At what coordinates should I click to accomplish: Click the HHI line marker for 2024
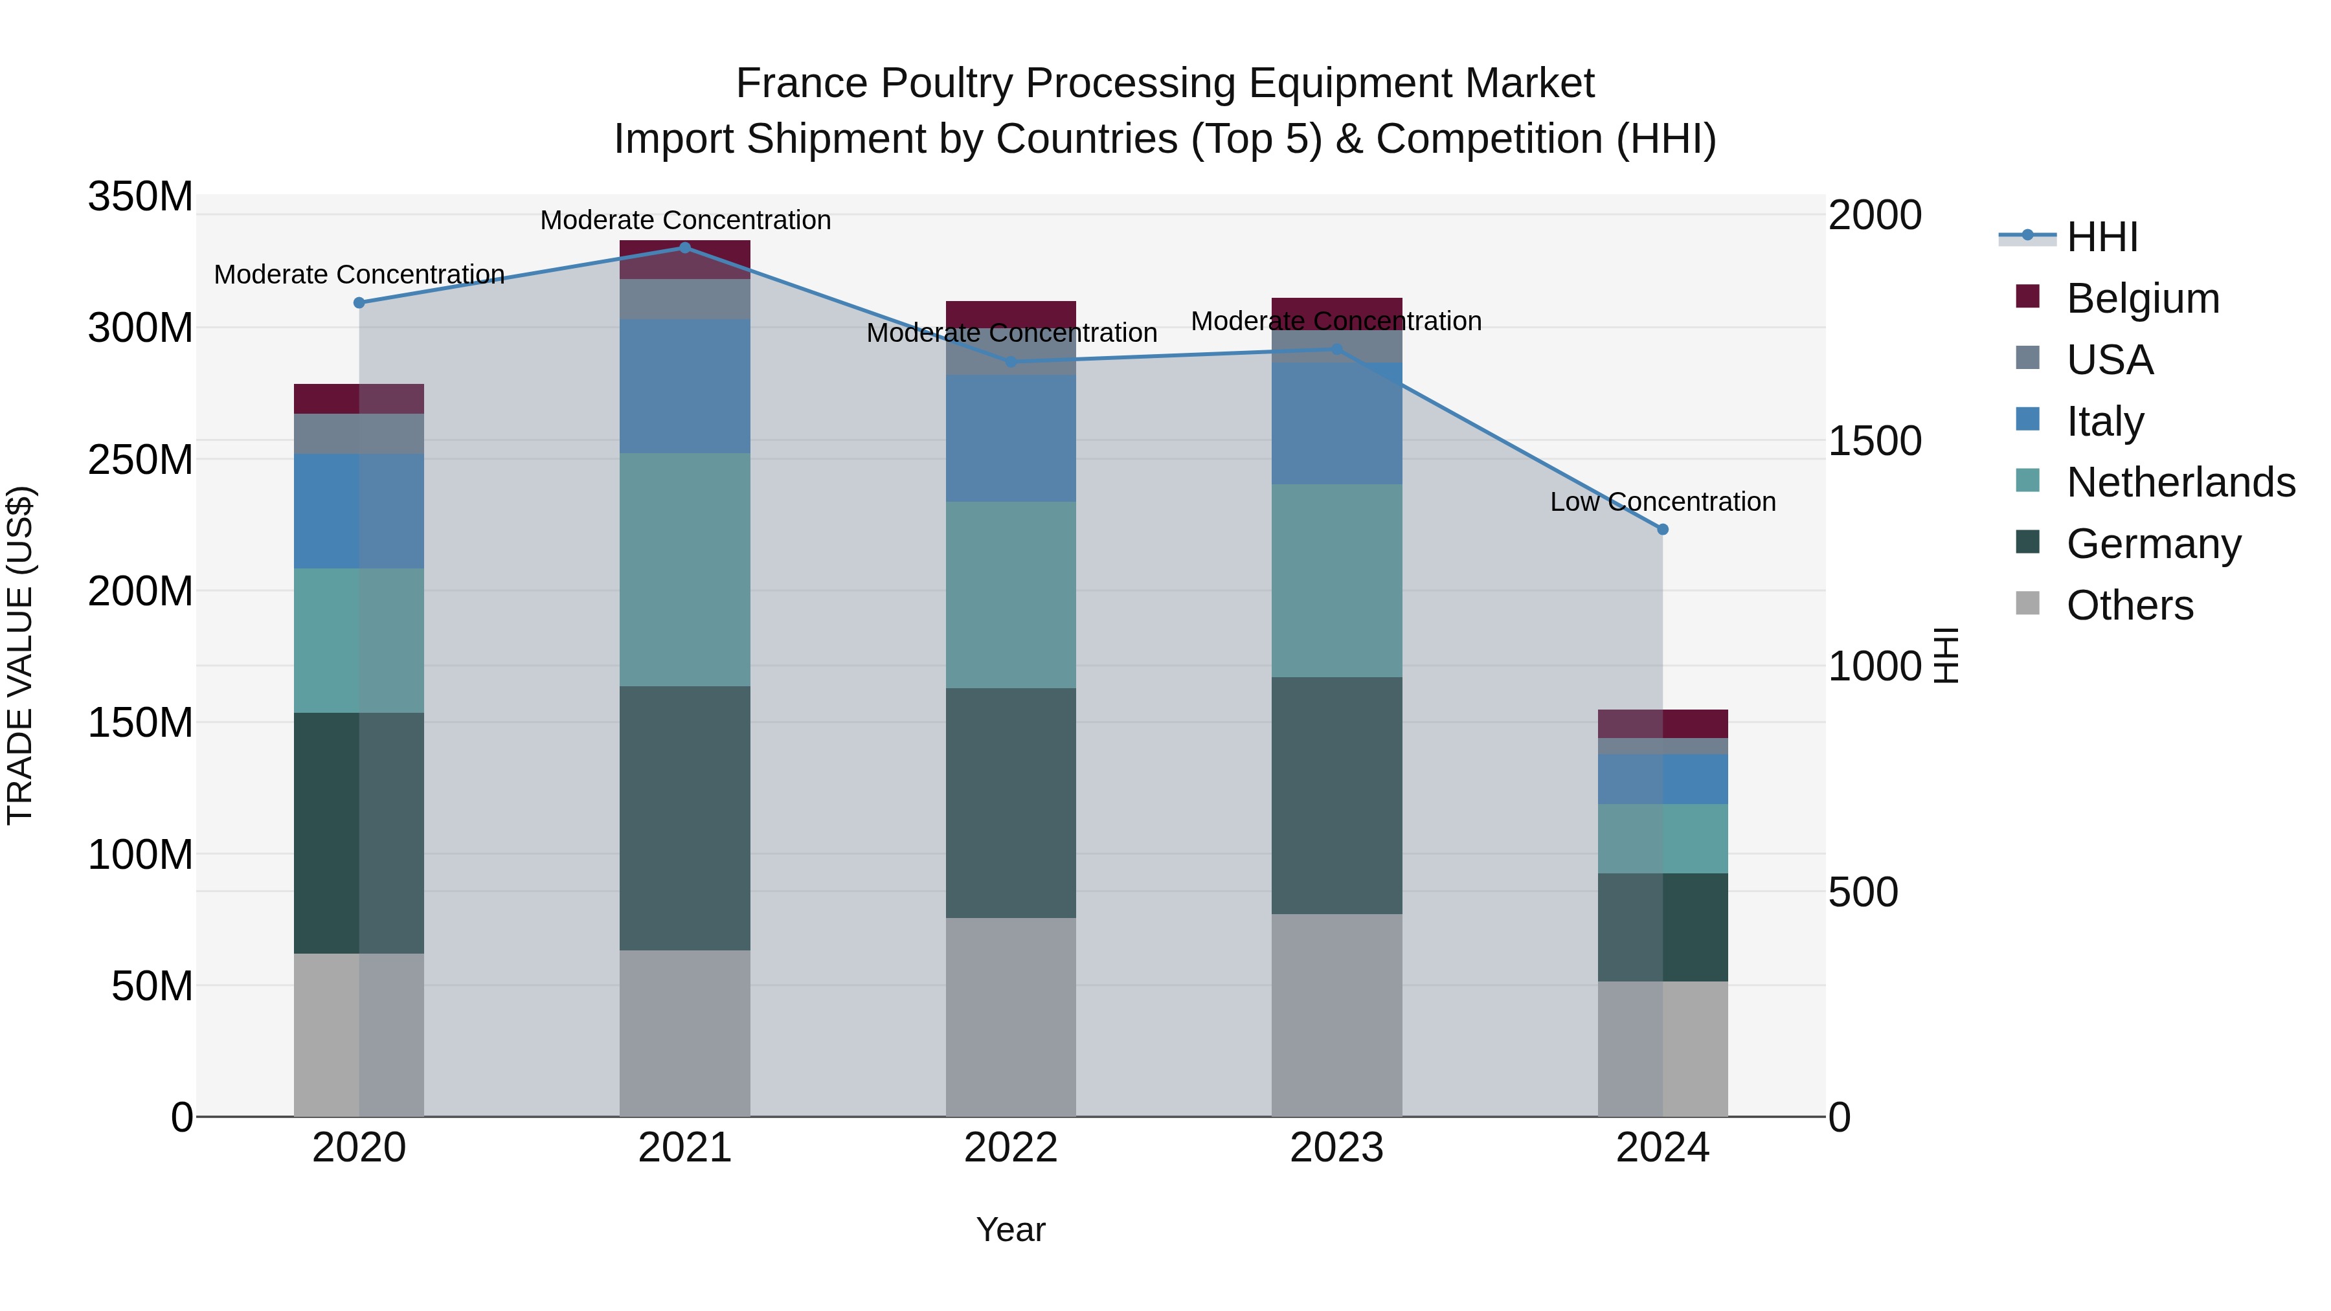(x=1662, y=530)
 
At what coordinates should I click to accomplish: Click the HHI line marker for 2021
(x=685, y=248)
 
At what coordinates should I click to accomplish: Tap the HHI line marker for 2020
(x=359, y=303)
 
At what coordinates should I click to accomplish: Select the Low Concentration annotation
(x=1662, y=502)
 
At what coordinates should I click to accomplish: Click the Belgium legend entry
(x=2142, y=298)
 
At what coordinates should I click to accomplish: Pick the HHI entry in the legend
(x=2101, y=237)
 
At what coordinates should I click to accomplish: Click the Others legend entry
(x=2129, y=605)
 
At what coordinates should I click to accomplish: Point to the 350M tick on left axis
(x=141, y=196)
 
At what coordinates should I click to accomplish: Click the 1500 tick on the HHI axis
(x=1874, y=442)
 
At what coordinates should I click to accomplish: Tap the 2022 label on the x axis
(x=1011, y=1148)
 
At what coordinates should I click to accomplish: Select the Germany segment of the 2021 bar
(x=685, y=817)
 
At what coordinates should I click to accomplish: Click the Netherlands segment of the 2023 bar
(x=1336, y=580)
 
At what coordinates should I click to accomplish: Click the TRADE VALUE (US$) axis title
(x=20, y=656)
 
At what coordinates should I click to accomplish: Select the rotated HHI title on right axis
(x=1946, y=656)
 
